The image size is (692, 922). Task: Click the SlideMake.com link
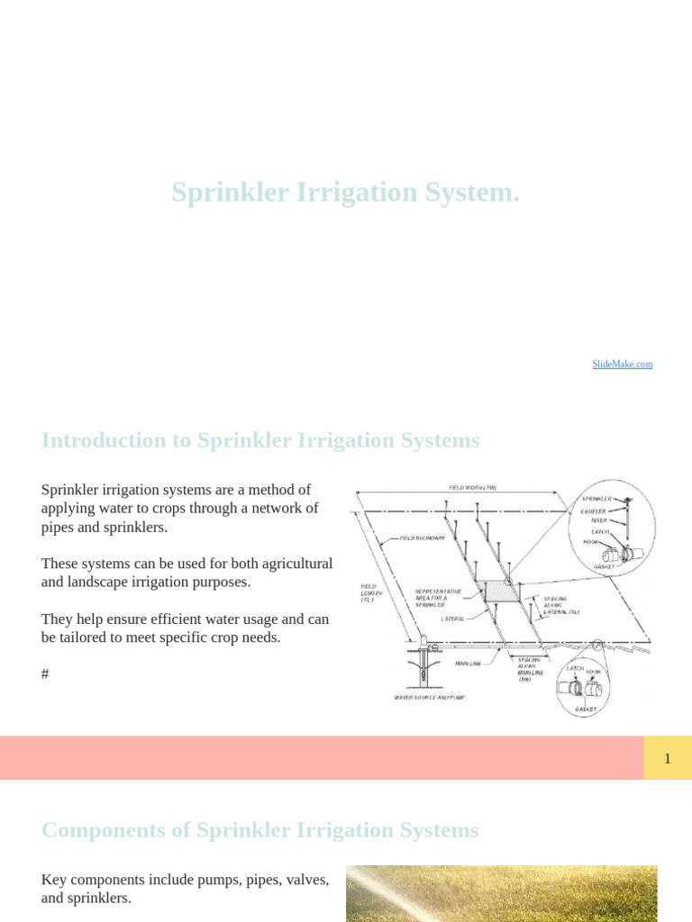click(x=622, y=364)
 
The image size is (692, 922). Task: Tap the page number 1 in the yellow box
click(x=668, y=758)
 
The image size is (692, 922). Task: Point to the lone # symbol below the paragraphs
click(x=45, y=673)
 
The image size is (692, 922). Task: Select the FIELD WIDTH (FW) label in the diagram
click(x=473, y=488)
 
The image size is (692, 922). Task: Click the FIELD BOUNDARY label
click(x=421, y=538)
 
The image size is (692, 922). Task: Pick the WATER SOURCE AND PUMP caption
click(x=430, y=697)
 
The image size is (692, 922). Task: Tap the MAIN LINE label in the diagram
click(x=469, y=664)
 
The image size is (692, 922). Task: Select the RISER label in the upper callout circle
click(x=599, y=520)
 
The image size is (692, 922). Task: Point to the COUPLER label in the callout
click(x=594, y=511)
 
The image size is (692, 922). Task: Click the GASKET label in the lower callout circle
click(x=586, y=710)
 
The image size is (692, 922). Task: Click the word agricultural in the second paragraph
click(x=290, y=564)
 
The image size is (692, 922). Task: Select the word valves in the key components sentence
click(x=307, y=880)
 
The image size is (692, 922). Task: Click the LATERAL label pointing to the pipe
click(x=452, y=619)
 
